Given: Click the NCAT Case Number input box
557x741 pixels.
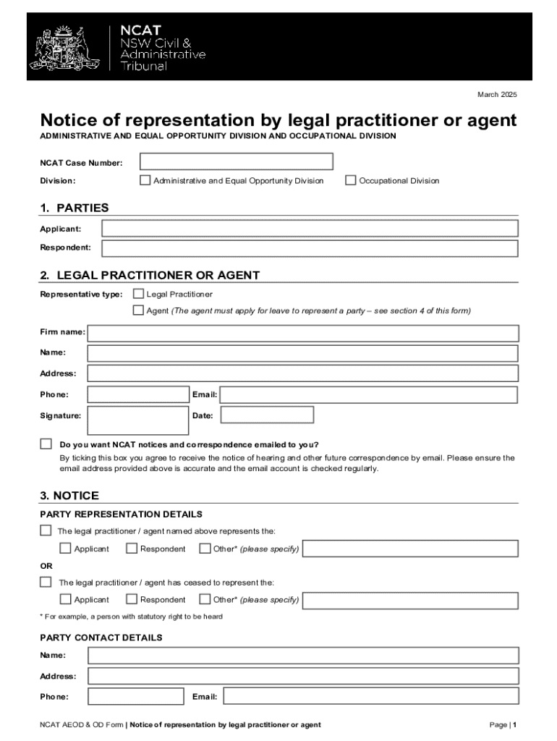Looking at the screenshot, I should [236, 161].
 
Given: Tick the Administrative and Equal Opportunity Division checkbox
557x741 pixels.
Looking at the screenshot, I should [145, 180].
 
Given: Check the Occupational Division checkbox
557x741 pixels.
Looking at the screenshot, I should [351, 180].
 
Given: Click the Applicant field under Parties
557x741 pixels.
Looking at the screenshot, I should [310, 229].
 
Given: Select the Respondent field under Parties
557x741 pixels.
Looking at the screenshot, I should [310, 249].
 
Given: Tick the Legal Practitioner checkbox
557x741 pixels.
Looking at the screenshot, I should [138, 294].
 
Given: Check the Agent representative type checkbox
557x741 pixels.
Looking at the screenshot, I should [138, 310].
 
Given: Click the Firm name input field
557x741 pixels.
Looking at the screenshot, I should [302, 333].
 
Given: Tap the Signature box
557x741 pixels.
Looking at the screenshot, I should [137, 420].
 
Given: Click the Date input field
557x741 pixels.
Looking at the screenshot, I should [267, 415].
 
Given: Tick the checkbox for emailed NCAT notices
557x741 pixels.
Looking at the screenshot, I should [46, 444].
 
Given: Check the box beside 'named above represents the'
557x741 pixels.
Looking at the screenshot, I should [46, 530].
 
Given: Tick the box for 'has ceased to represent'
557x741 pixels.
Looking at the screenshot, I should [46, 582].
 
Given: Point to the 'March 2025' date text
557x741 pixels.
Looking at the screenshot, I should [497, 95].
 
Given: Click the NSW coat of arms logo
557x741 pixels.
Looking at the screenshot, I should [65, 47].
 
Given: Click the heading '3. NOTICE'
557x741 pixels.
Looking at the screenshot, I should [69, 496].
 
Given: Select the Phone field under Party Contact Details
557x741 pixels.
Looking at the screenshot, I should [136, 696].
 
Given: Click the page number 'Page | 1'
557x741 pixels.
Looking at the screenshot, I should [503, 724].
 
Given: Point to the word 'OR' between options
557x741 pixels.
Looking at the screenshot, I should [46, 565].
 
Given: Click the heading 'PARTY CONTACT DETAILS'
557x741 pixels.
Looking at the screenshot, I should [101, 638].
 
